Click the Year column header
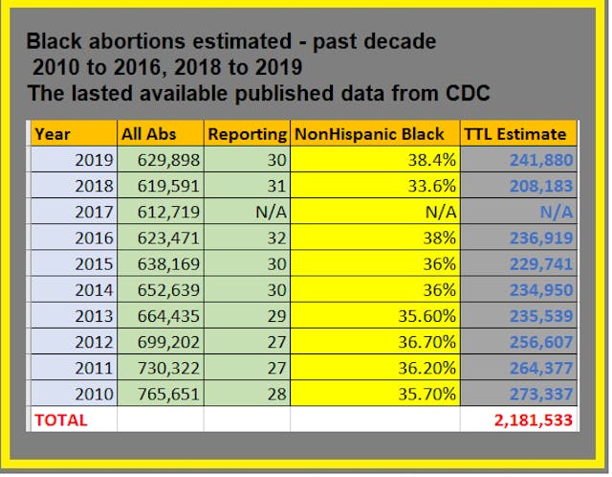52,134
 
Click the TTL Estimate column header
516,134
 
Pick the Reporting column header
246,134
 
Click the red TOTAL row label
60,420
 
